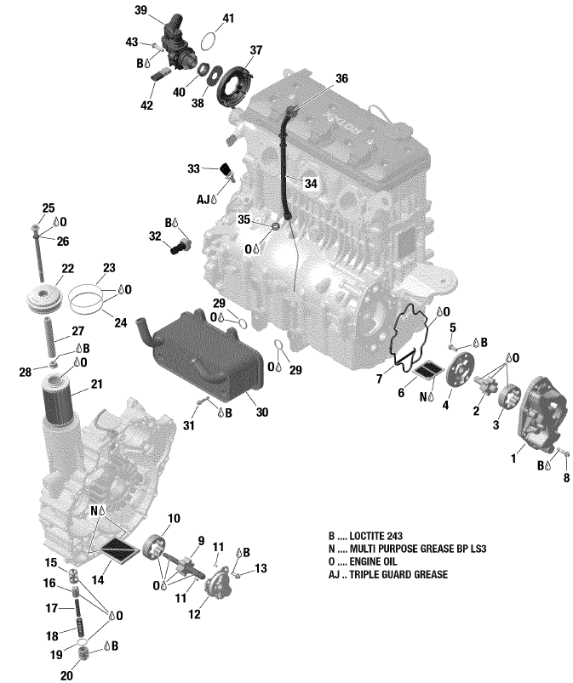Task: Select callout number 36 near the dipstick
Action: pyautogui.click(x=341, y=78)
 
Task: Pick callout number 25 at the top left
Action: pyautogui.click(x=48, y=208)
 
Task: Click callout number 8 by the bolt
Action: pyautogui.click(x=565, y=479)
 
